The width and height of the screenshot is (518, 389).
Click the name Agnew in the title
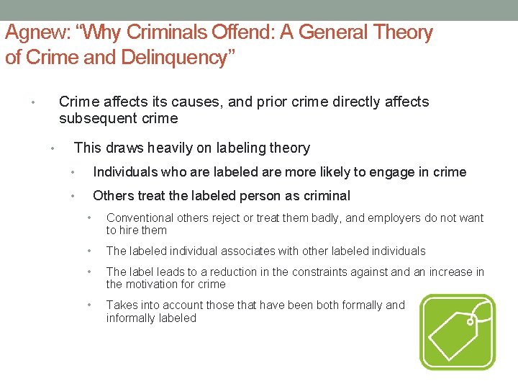coord(35,33)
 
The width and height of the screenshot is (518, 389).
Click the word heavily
coord(169,148)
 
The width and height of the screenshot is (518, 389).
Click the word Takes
coord(122,305)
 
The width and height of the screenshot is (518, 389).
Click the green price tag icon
coord(458,332)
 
